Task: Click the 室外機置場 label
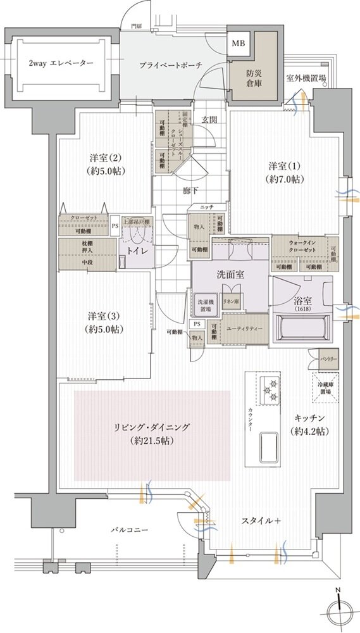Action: (306, 78)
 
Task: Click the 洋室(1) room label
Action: (286, 172)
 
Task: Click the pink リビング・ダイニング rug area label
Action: (152, 434)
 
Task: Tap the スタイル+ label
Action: (260, 520)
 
